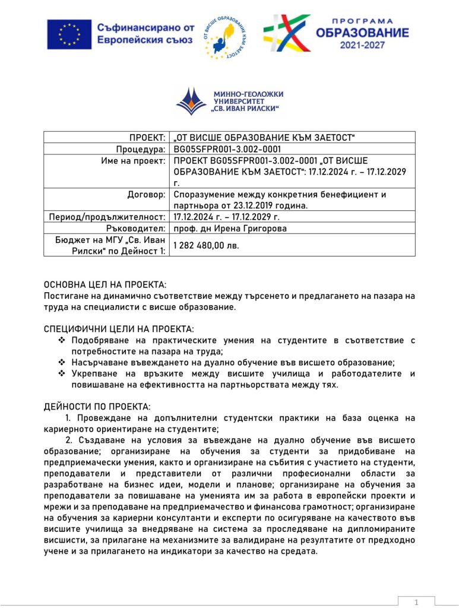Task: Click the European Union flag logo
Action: [69, 34]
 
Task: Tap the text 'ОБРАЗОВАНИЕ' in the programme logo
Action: [362, 32]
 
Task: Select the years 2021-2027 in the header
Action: [362, 45]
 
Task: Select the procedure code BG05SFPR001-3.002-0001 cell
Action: [227, 150]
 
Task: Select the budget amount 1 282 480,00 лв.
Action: [206, 245]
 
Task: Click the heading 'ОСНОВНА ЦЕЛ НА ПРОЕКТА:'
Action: [106, 285]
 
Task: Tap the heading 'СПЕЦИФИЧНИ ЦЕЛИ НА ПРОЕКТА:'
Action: [119, 330]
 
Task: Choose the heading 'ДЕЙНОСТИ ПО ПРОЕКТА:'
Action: [97, 407]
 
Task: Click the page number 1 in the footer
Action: [416, 602]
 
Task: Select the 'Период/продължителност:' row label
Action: [107, 217]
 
